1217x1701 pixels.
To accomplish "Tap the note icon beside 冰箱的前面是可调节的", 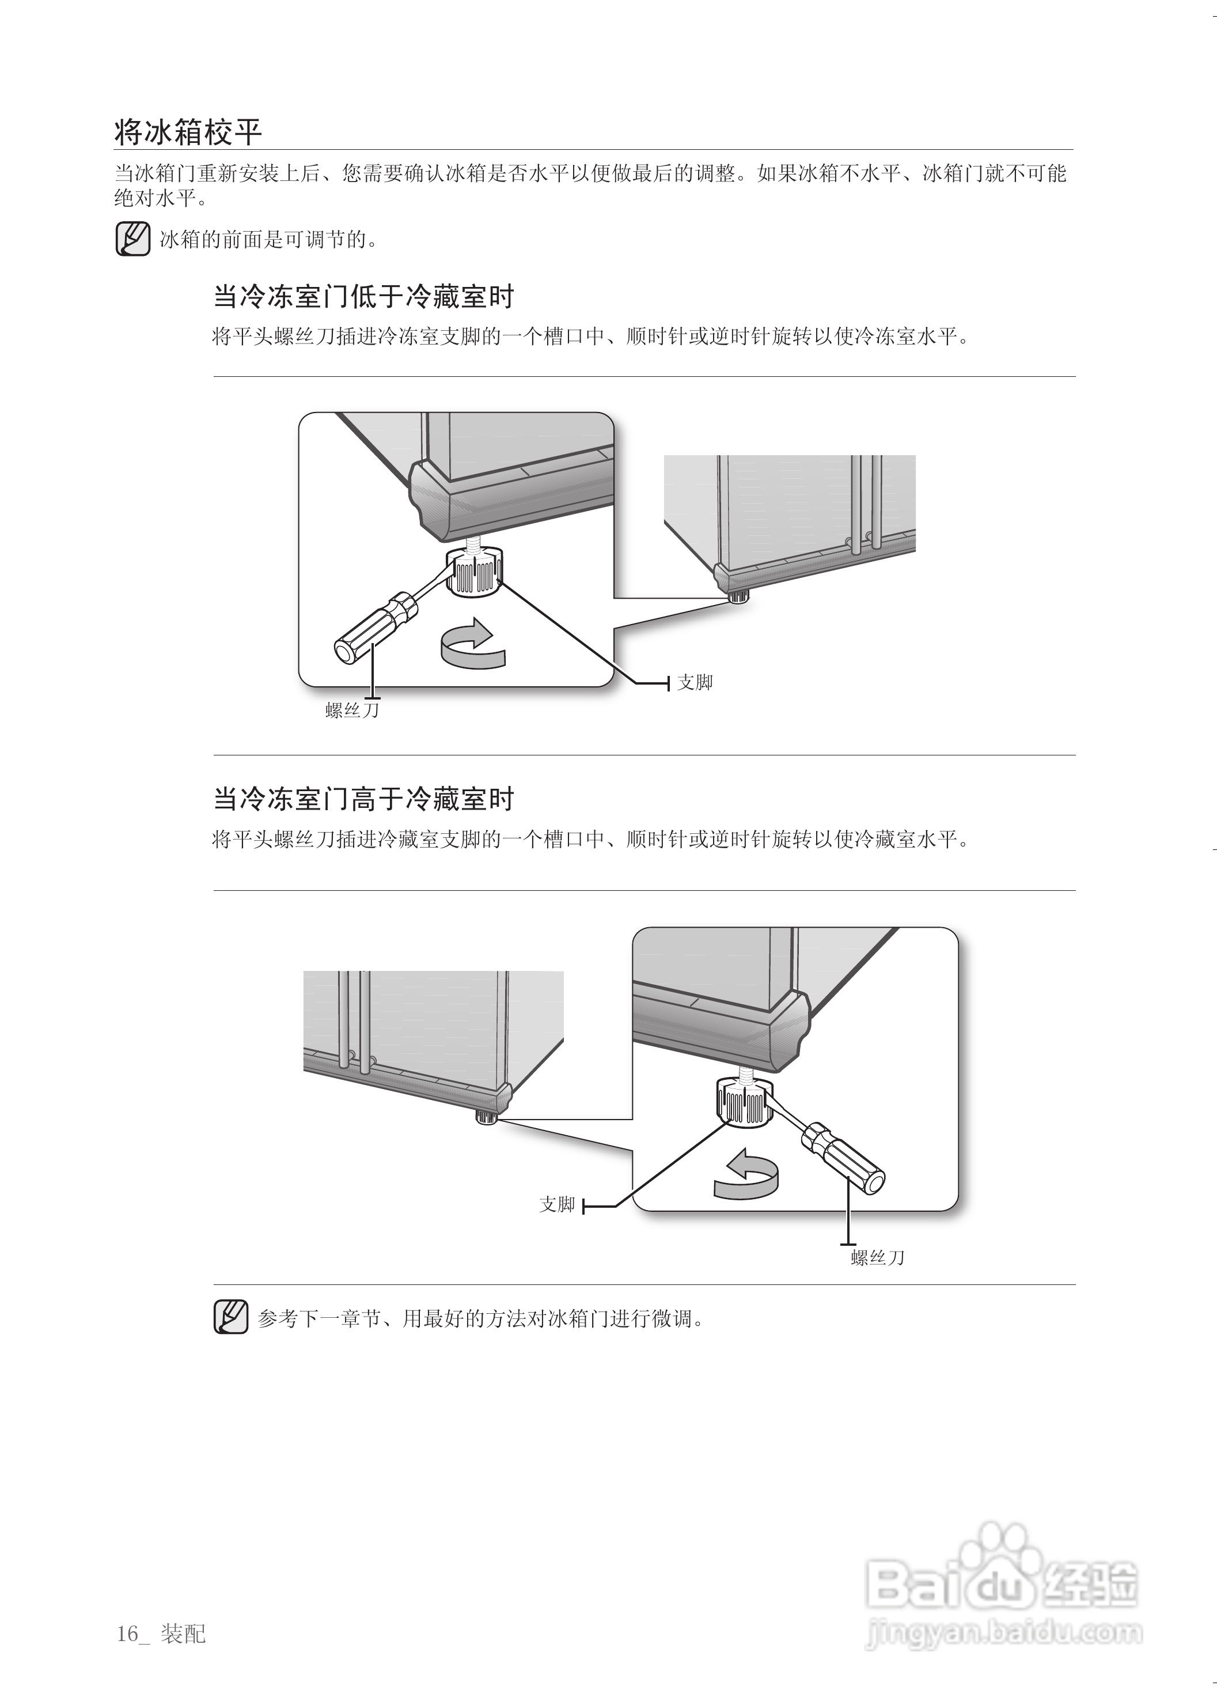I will [x=132, y=239].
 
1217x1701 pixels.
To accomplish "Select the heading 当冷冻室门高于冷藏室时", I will [x=363, y=799].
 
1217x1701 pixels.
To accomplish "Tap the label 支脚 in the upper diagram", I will [x=694, y=682].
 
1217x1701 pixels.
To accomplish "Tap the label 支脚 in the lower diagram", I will [x=557, y=1205].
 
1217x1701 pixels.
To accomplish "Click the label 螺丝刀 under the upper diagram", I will [x=352, y=710].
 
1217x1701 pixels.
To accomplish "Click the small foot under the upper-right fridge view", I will [x=738, y=597].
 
